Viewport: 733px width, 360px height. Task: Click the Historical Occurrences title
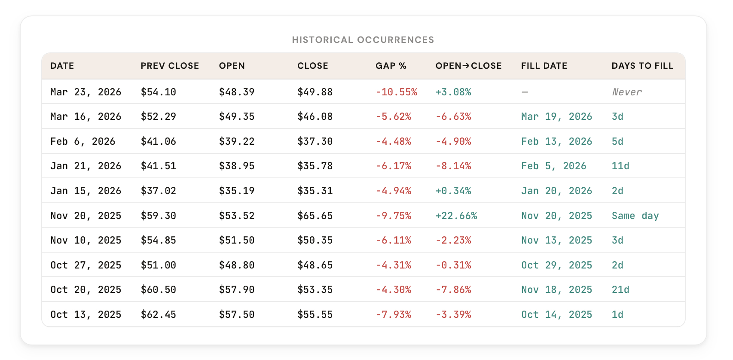[x=363, y=40]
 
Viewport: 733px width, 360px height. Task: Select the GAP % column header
[x=391, y=66]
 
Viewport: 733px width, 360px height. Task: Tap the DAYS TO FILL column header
[x=642, y=66]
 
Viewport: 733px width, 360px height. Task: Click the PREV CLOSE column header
[x=170, y=66]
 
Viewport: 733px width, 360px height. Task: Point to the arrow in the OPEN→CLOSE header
[x=466, y=66]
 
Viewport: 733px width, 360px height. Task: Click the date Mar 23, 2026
[x=86, y=92]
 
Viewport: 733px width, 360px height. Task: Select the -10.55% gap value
[x=396, y=92]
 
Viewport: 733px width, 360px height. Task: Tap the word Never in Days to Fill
[x=626, y=92]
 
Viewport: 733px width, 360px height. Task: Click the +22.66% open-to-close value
[x=456, y=216]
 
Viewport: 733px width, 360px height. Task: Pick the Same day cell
[x=635, y=216]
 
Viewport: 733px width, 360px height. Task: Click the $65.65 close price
[x=315, y=216]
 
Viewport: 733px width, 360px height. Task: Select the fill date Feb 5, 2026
[x=553, y=166]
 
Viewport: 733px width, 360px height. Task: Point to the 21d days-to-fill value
[x=620, y=290]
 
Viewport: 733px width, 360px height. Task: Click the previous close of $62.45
[x=158, y=314]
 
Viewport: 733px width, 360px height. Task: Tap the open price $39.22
[x=236, y=141]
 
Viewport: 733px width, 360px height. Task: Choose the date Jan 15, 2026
[x=86, y=191]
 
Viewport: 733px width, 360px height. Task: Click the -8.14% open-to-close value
[x=453, y=166]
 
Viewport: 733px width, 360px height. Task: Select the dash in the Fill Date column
[x=525, y=92]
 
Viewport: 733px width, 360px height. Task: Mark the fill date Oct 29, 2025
[x=556, y=265]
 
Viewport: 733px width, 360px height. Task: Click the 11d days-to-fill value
[x=620, y=166]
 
